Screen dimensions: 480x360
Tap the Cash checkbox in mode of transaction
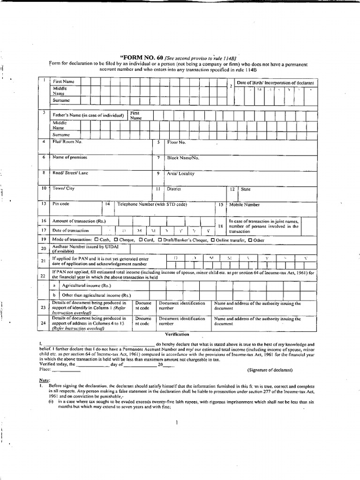[x=96, y=240]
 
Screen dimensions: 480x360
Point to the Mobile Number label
[x=244, y=205]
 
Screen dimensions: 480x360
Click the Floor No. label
[x=176, y=142]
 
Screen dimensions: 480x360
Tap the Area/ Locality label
[x=180, y=173]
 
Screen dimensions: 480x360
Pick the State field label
[x=246, y=189]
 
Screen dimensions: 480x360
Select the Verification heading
[x=176, y=334]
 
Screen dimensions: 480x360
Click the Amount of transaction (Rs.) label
[x=79, y=221]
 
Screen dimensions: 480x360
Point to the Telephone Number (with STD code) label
[x=152, y=205]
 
